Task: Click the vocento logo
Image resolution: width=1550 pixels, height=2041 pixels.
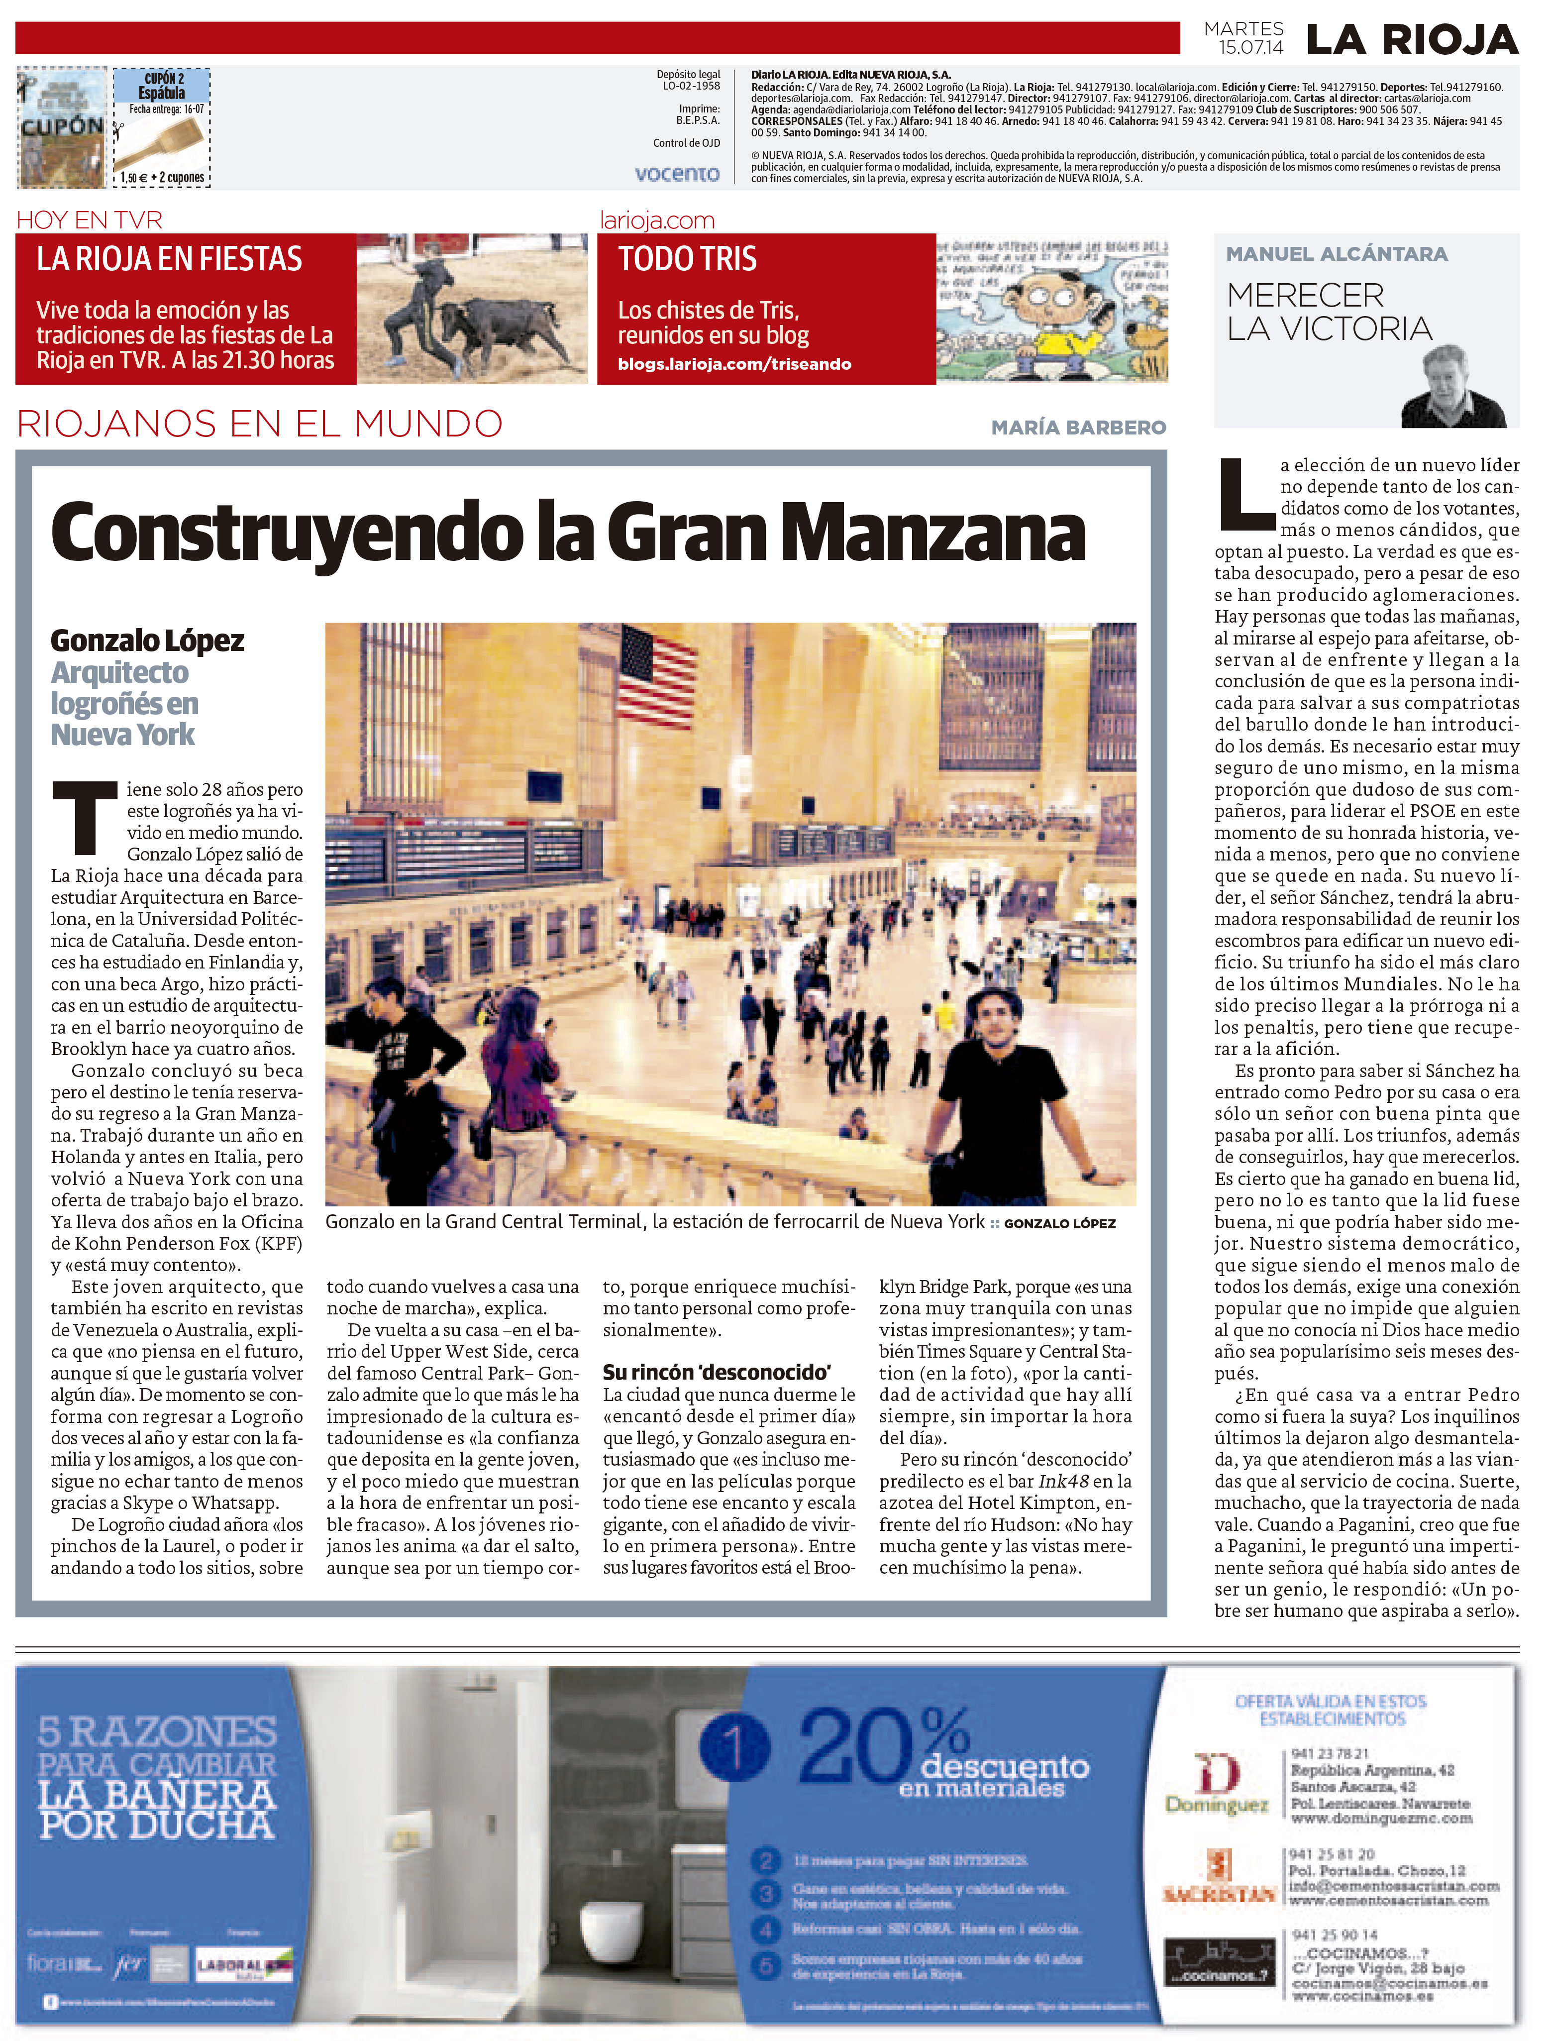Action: (677, 174)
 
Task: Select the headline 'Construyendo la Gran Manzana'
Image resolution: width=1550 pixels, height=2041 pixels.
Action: (567, 533)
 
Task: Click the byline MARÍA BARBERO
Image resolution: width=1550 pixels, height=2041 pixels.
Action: (1078, 427)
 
